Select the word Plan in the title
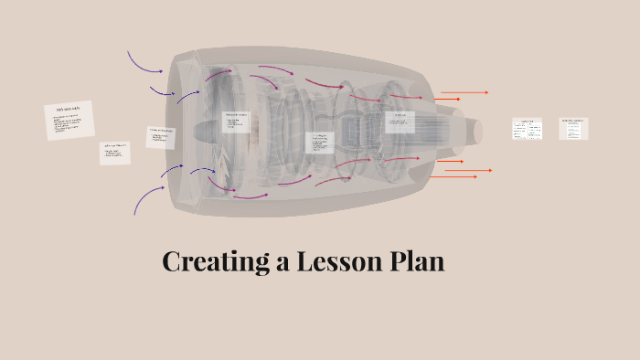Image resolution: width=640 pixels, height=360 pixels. [x=415, y=261]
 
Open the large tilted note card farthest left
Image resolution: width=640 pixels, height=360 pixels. [x=69, y=121]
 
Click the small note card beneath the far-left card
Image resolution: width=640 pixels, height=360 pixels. [x=115, y=153]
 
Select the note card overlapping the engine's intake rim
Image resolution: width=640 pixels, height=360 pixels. [x=161, y=137]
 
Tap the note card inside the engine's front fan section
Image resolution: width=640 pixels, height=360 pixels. [x=237, y=122]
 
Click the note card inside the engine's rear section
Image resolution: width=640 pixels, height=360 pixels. [x=400, y=122]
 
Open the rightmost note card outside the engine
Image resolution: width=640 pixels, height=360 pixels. [x=573, y=129]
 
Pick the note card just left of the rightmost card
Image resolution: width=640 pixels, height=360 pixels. [x=528, y=129]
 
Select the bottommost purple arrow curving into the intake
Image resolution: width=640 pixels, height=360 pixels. [x=146, y=198]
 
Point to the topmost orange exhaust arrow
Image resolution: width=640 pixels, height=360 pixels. [x=464, y=92]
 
